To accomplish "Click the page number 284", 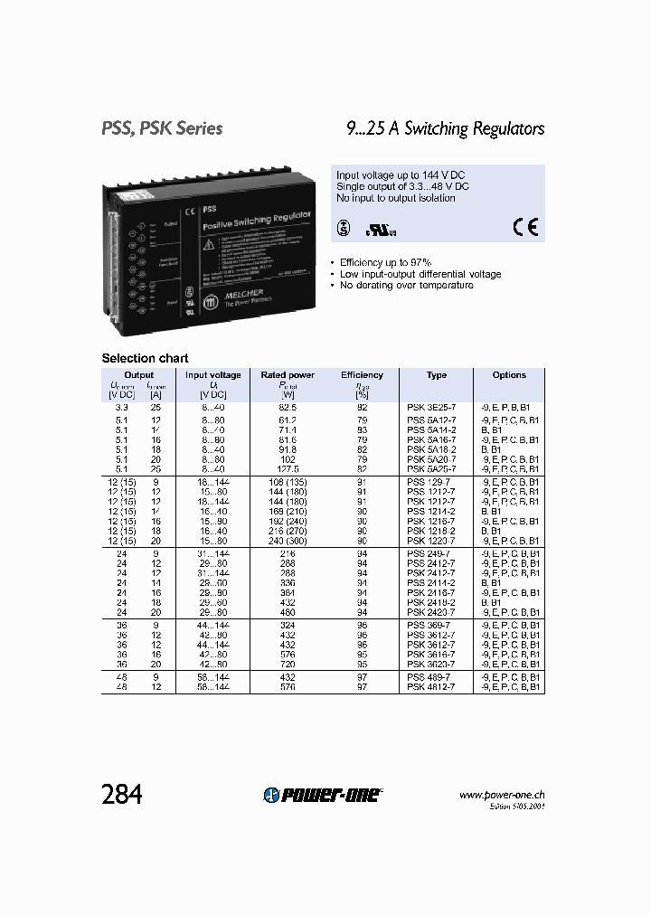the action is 122,794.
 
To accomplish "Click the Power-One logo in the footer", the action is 323,794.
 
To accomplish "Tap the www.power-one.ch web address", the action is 502,795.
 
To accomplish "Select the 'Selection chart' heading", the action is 145,358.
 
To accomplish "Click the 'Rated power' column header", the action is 288,374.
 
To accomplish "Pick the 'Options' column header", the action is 509,374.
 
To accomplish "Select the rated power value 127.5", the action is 288,469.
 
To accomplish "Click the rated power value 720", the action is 288,663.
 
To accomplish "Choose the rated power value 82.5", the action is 288,408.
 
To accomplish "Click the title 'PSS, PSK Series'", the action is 162,128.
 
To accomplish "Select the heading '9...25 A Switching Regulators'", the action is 446,128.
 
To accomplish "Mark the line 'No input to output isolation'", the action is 396,197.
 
